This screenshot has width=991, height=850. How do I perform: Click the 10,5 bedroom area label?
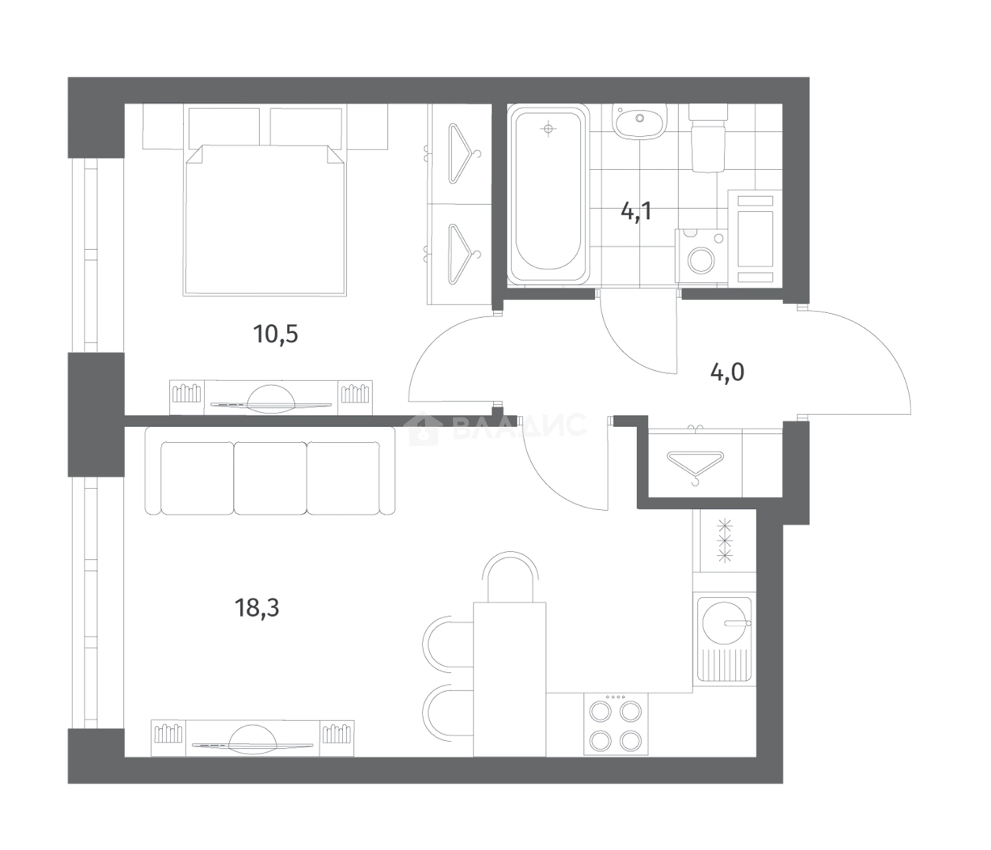(x=275, y=334)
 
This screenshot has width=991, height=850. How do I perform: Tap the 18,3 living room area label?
(x=257, y=608)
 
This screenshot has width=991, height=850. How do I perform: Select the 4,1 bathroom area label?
(x=635, y=210)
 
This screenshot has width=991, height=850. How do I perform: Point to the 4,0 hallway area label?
(x=727, y=372)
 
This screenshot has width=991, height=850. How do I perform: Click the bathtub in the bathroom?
(x=548, y=194)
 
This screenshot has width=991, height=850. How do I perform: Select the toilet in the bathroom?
(x=708, y=138)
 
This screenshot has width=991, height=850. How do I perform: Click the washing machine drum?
(x=702, y=260)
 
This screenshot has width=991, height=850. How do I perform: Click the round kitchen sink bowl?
(x=724, y=622)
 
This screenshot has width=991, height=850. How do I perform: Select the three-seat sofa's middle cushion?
(x=270, y=478)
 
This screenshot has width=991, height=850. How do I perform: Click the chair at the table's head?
(x=511, y=576)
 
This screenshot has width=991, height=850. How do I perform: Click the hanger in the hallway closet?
(x=695, y=466)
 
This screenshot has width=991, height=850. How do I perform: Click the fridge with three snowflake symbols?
(x=725, y=541)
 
